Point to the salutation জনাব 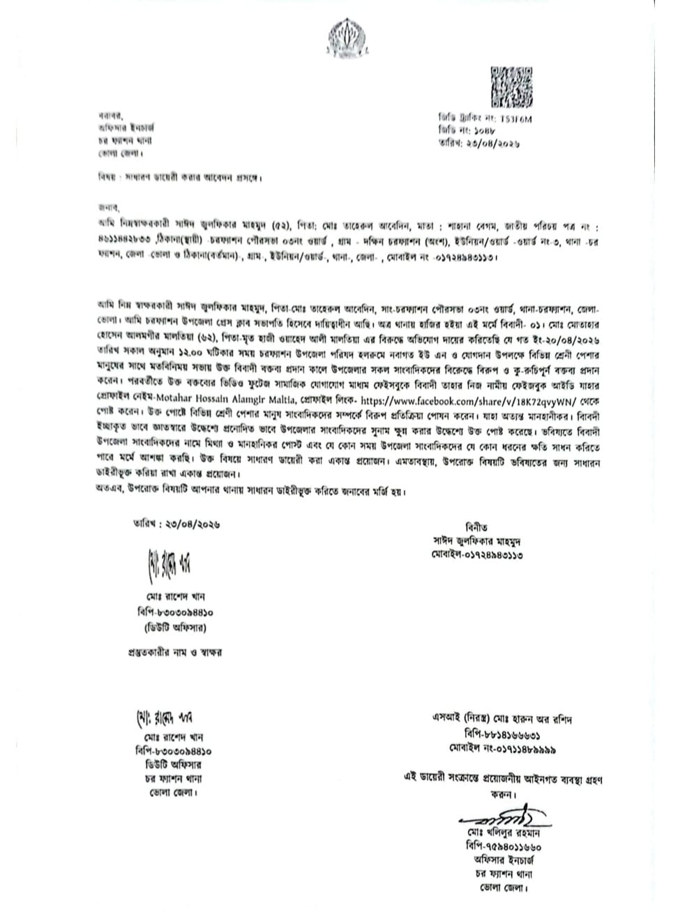pyautogui.click(x=109, y=207)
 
